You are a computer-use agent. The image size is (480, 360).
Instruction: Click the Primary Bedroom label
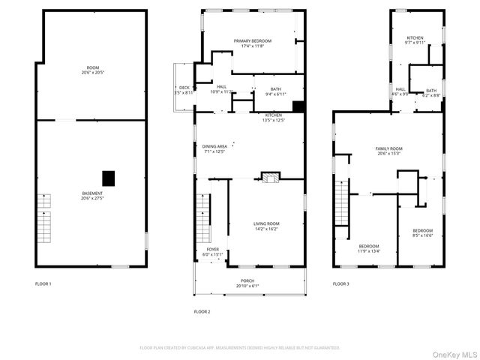tap(252, 43)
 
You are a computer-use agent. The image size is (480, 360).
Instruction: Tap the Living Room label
tap(266, 226)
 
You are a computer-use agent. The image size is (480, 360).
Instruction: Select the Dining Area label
tap(214, 149)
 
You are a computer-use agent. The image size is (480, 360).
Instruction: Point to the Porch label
tap(247, 283)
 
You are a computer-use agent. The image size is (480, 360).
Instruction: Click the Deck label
tap(184, 90)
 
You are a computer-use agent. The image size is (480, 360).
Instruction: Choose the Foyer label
tap(213, 252)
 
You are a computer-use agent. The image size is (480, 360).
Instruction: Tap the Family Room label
tap(388, 151)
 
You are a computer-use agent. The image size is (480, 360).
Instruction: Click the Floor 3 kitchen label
tap(415, 40)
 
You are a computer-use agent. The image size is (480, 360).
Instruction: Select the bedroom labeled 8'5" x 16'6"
tap(422, 232)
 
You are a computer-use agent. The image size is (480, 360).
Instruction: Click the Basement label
tap(92, 196)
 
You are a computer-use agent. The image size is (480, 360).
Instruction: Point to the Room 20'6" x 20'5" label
tap(91, 71)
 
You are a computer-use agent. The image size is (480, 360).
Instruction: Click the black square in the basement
tap(109, 178)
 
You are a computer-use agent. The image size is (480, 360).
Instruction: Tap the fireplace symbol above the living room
tap(269, 177)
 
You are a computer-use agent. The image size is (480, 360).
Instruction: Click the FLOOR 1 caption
tap(44, 284)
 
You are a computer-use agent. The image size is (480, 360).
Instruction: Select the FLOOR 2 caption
tap(202, 311)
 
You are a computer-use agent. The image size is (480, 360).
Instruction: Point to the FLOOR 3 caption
tap(341, 284)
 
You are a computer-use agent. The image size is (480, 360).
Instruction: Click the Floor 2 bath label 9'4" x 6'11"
tap(276, 91)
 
